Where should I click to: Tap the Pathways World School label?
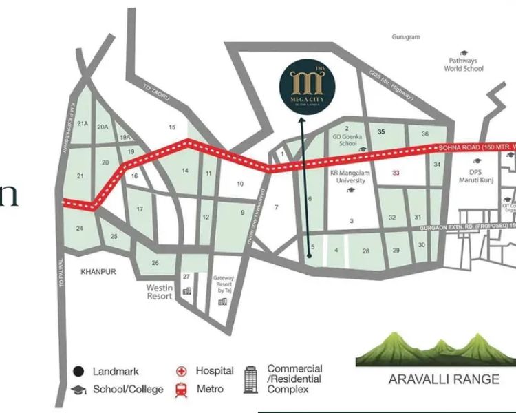[463, 65]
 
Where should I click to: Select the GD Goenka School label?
[348, 140]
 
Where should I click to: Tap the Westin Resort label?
[159, 292]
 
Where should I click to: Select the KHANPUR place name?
[98, 272]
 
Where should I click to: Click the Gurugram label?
[406, 37]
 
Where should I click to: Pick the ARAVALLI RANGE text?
[434, 379]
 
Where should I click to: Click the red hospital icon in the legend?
[182, 371]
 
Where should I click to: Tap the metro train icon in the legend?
[182, 389]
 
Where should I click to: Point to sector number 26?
[155, 263]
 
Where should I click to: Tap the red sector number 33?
[396, 173]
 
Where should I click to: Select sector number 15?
[172, 127]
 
